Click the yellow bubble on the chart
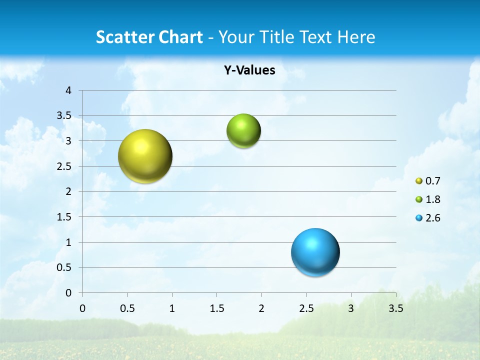point(145,156)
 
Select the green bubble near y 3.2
point(243,131)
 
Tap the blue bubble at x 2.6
point(315,252)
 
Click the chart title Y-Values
point(249,70)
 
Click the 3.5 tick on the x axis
point(395,308)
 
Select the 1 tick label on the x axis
point(172,308)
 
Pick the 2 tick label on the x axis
point(261,308)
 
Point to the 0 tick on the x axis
point(82,308)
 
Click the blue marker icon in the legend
point(419,218)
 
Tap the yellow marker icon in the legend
point(419,181)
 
